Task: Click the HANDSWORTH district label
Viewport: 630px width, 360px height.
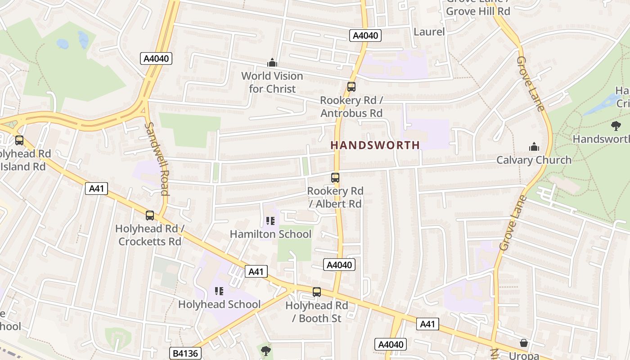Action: coord(375,145)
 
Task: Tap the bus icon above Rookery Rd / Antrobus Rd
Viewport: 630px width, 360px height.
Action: coord(351,87)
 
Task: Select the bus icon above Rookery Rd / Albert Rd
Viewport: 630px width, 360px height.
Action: coord(335,178)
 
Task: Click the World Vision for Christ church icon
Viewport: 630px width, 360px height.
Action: coord(272,63)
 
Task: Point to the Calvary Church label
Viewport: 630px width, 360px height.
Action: coord(534,160)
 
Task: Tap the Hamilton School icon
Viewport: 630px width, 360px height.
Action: coord(270,220)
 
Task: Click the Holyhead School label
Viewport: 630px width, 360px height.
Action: coord(219,304)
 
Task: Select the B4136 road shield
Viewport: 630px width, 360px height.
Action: coord(185,353)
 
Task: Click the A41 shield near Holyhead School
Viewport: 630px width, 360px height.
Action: coord(256,271)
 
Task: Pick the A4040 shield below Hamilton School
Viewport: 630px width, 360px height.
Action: coord(339,265)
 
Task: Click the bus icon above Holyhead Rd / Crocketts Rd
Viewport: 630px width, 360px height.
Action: coord(150,216)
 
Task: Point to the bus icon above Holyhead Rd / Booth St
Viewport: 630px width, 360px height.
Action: coord(317,292)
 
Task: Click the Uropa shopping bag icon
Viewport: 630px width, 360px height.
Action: coord(524,343)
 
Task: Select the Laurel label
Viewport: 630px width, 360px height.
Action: coord(429,31)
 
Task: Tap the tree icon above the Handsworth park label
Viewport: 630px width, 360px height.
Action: coord(616,126)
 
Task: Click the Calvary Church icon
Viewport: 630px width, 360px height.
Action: coord(534,147)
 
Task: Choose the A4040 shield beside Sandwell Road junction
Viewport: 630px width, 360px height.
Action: coord(156,58)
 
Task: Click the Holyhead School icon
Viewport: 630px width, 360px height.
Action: coord(219,291)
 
